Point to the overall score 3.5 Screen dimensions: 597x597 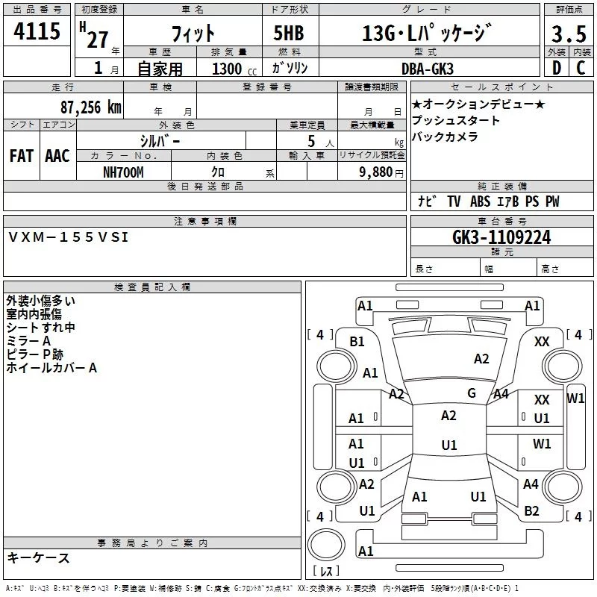[x=568, y=34]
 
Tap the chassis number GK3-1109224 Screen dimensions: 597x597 [x=501, y=237]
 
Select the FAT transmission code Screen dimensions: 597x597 [x=22, y=156]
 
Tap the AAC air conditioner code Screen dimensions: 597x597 [x=57, y=156]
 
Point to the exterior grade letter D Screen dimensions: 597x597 [x=556, y=69]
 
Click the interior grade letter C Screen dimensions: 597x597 [x=581, y=69]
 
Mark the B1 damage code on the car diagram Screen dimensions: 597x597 [x=357, y=341]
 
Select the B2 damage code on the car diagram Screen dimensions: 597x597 [x=531, y=510]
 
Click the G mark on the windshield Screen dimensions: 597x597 [x=472, y=393]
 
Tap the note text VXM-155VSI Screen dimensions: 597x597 [x=69, y=237]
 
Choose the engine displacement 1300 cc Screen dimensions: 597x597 [x=231, y=69]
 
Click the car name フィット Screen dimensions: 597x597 [x=193, y=34]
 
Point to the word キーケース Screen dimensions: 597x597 [x=38, y=557]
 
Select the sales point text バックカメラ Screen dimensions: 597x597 [x=444, y=137]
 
